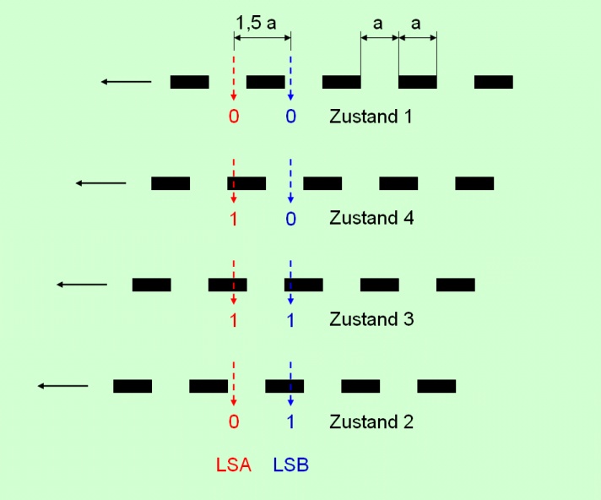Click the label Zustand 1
click(x=371, y=117)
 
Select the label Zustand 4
click(x=371, y=218)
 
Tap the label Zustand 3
click(x=371, y=319)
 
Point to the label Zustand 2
click(x=371, y=421)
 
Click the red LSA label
click(x=234, y=464)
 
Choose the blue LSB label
click(x=290, y=464)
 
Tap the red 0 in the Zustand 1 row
click(x=234, y=117)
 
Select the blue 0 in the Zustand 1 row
click(x=290, y=117)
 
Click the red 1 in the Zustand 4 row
click(x=234, y=218)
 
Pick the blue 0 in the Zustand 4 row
click(x=290, y=218)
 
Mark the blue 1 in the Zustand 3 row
click(x=290, y=319)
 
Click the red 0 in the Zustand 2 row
click(x=234, y=421)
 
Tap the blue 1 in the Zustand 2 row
click(x=290, y=421)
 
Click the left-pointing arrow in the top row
click(x=126, y=82)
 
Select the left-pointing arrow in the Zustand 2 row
click(x=62, y=386)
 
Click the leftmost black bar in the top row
click(x=189, y=82)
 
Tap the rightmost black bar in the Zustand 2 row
click(x=436, y=386)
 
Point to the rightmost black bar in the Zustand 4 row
click(x=474, y=183)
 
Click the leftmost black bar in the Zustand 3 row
click(x=151, y=285)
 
